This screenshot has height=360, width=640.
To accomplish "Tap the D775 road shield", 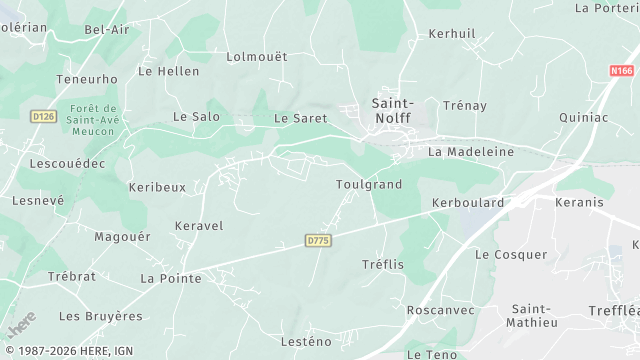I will click(318, 241).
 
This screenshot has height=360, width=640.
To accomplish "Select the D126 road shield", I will click(42, 116).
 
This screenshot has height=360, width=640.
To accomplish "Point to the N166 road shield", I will click(622, 71).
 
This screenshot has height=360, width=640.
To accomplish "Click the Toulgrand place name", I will click(368, 185).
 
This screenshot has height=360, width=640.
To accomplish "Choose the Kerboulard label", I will click(468, 202).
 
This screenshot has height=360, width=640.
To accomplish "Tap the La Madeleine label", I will click(470, 152).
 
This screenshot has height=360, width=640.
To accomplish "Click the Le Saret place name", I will click(294, 118).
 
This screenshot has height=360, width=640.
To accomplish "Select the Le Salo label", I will click(196, 117).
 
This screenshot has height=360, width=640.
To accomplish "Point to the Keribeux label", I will click(157, 187).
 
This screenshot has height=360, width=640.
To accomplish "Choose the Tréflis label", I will click(382, 264).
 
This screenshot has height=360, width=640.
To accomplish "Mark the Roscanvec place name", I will click(439, 310).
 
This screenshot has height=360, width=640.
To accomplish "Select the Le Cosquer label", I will click(511, 255).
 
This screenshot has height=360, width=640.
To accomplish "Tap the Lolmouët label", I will click(257, 57).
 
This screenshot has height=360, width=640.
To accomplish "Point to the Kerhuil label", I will click(452, 33).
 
